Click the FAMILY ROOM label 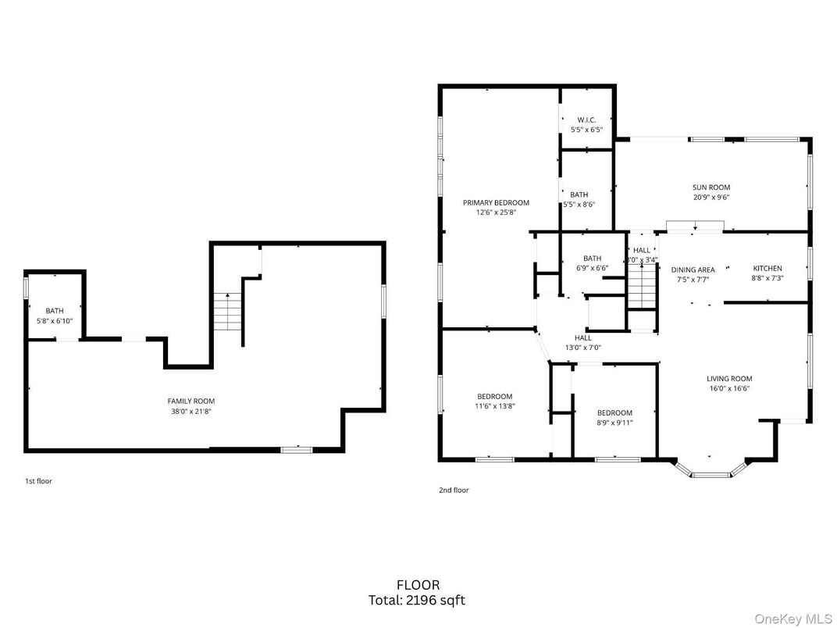click(x=191, y=401)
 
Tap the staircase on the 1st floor click(x=228, y=310)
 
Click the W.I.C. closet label click(x=586, y=120)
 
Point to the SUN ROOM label click(x=711, y=187)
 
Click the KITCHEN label click(x=767, y=269)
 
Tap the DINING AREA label click(x=693, y=269)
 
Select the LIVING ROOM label click(x=729, y=379)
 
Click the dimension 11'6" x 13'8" click(x=495, y=405)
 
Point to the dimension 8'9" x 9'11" click(x=614, y=423)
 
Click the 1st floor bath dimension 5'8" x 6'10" click(x=55, y=321)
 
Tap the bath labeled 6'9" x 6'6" click(x=592, y=263)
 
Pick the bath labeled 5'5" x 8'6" click(x=579, y=200)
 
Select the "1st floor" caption click(x=38, y=481)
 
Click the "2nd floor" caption click(x=454, y=491)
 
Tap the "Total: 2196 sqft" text click(x=418, y=601)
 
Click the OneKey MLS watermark click(x=797, y=618)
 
